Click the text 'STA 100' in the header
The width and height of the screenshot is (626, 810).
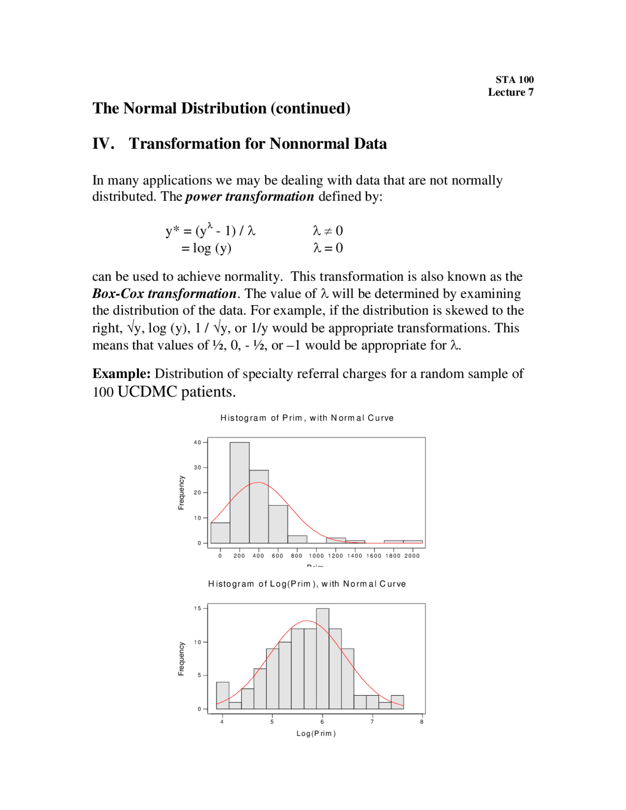coord(514,80)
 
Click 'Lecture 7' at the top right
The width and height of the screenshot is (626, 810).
coord(510,92)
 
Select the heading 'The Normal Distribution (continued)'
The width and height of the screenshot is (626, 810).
coord(221,108)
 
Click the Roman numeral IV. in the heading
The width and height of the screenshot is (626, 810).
coord(103,143)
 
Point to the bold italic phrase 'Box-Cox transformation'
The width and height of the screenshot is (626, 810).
coord(164,293)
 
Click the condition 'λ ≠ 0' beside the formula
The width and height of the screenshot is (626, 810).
coord(328,231)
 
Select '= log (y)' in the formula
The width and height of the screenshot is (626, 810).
coord(206,248)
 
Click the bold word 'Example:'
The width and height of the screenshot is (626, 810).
coord(121,374)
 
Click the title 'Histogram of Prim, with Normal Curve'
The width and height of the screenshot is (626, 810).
coord(307,418)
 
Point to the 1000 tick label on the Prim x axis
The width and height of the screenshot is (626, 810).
coord(316,556)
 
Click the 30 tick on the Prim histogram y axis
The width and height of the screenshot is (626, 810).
coord(198,468)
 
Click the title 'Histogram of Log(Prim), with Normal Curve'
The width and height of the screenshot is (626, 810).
coord(307,584)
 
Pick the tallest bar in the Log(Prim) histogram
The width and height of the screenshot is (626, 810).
coord(322,658)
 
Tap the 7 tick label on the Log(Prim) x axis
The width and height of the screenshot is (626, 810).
coord(372,721)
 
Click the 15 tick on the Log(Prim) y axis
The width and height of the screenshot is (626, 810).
coord(198,608)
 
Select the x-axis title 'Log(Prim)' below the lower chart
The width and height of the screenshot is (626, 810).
coord(316,733)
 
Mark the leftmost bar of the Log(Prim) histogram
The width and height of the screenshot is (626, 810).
coord(223,695)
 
